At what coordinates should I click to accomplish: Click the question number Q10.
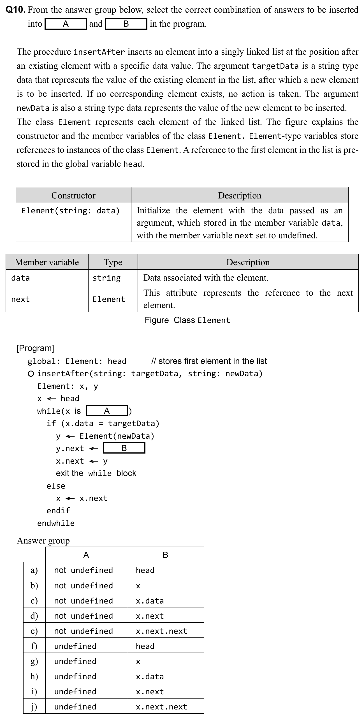tap(16, 10)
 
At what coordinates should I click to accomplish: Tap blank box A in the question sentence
tap(66, 24)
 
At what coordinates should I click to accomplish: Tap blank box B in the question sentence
tap(126, 24)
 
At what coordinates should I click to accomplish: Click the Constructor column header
tap(73, 195)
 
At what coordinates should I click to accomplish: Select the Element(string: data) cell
tap(71, 211)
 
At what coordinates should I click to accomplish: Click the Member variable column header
tap(47, 262)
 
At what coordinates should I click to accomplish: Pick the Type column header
tap(113, 262)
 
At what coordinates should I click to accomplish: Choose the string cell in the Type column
tap(106, 278)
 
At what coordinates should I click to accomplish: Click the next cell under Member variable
tap(20, 299)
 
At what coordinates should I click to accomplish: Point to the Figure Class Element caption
tap(187, 320)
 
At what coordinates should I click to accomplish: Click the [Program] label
tap(35, 348)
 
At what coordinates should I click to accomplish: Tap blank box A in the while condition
tap(107, 411)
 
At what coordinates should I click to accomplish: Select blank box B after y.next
tap(124, 448)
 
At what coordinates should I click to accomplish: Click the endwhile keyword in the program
tap(56, 523)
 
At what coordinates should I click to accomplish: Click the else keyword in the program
tap(56, 486)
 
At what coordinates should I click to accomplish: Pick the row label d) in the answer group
tap(34, 616)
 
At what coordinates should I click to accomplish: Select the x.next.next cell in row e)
tap(161, 631)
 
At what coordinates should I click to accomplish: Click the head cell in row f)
tap(145, 646)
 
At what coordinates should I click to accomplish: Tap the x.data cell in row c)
tap(150, 601)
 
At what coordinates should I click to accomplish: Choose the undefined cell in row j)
tap(75, 707)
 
